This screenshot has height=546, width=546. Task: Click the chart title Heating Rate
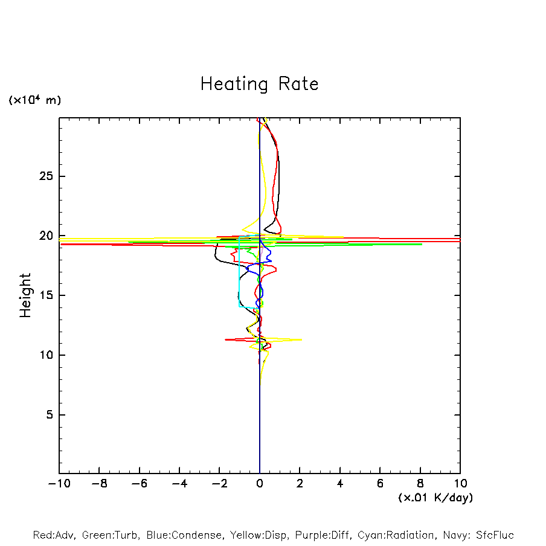[x=259, y=84]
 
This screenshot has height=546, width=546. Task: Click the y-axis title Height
[x=25, y=295]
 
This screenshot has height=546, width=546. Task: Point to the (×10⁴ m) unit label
[x=34, y=100]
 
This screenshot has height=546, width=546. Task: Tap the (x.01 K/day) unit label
[x=435, y=498]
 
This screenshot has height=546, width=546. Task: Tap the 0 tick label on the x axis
[x=260, y=484]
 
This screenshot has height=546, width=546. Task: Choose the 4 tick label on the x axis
[x=340, y=484]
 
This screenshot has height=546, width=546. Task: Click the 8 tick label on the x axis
[x=420, y=484]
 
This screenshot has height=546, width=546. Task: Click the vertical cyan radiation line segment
[x=239, y=272]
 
